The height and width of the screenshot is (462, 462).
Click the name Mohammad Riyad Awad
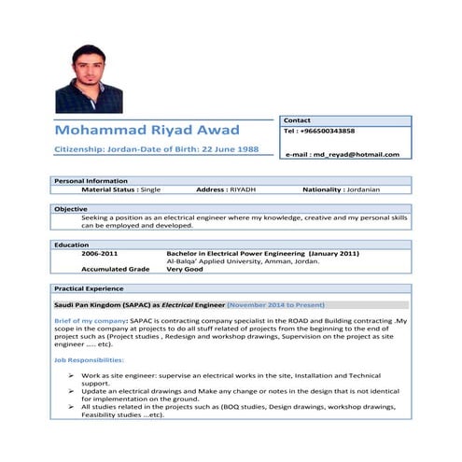pyautogui.click(x=147, y=130)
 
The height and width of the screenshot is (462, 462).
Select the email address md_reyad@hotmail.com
pyautogui.click(x=354, y=154)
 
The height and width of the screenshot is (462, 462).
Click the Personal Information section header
pyautogui.click(x=91, y=180)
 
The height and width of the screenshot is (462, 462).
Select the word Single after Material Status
pyautogui.click(x=150, y=189)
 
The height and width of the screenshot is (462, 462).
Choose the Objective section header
pyautogui.click(x=70, y=208)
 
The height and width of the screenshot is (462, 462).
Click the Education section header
pyautogui.click(x=71, y=245)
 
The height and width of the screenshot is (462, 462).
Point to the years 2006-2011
pyautogui.click(x=99, y=253)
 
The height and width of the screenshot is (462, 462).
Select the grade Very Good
pyautogui.click(x=187, y=269)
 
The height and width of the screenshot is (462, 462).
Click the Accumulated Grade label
pyautogui.click(x=115, y=269)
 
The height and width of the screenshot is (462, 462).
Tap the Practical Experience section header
pyautogui.click(x=88, y=289)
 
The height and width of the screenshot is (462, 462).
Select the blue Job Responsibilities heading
pyautogui.click(x=89, y=359)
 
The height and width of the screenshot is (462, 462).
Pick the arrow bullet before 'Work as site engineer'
pyautogui.click(x=71, y=375)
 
